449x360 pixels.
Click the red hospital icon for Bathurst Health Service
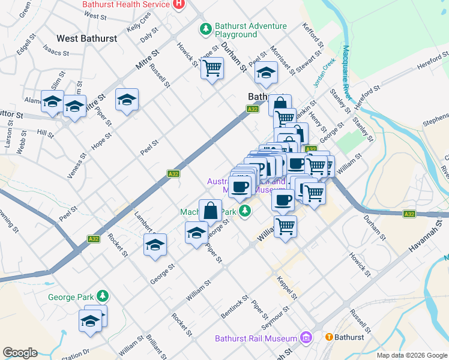[x=178, y=4]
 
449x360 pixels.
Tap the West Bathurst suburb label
[x=86, y=38]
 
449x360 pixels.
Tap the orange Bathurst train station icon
[x=329, y=337]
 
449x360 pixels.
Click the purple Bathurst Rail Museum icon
[x=307, y=338]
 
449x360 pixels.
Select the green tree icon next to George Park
[x=103, y=296]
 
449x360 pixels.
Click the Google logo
[x=20, y=353]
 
